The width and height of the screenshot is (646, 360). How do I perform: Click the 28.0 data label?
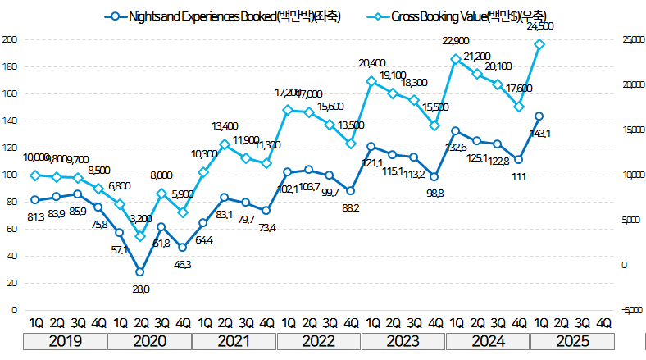[140, 289]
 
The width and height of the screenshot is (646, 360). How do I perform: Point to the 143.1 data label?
[541, 133]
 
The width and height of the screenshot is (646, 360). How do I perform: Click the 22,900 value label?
[455, 41]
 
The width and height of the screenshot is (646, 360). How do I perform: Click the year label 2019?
[66, 340]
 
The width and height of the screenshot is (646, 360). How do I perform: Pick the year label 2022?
[319, 340]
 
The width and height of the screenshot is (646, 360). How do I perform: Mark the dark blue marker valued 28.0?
[140, 271]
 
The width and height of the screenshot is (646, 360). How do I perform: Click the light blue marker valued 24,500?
[539, 44]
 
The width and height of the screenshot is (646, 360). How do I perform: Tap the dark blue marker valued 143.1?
[539, 116]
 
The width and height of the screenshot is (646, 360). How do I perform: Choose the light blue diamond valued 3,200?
[140, 236]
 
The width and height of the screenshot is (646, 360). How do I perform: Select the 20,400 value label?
[371, 63]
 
